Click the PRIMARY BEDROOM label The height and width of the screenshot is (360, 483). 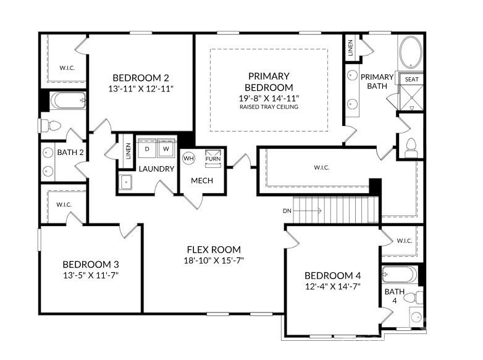pos(269,82)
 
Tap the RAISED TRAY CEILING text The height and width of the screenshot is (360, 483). pos(269,107)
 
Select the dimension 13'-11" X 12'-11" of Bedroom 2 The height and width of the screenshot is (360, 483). pos(140,88)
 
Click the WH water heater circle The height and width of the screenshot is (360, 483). pos(188,157)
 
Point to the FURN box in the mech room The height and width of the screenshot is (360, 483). pos(213,156)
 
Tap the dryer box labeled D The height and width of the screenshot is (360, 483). pos(147,149)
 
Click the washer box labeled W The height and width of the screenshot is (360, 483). pos(166,149)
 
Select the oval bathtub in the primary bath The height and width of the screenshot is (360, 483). pos(411,52)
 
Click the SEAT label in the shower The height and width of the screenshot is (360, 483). pos(411,80)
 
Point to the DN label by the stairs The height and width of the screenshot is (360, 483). pos(287,211)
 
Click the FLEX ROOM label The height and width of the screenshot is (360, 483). pos(215,249)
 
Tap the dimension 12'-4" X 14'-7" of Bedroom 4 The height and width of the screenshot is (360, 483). pos(333,286)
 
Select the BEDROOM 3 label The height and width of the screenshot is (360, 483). pos(90,263)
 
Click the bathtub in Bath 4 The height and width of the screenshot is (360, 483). pos(400,274)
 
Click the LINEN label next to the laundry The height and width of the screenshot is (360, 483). pos(128,151)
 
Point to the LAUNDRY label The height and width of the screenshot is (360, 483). pos(156,169)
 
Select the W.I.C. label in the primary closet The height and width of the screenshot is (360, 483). pos(321,167)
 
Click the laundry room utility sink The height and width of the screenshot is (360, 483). pos(126,182)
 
